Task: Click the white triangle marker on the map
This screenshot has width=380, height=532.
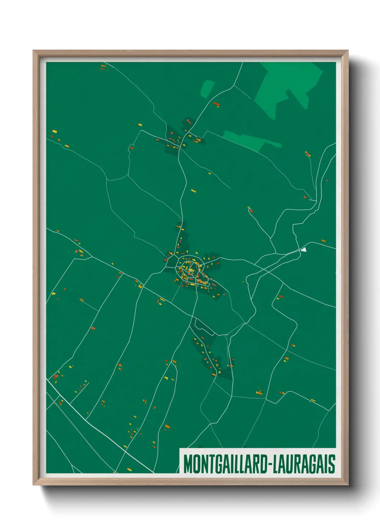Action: [304, 249]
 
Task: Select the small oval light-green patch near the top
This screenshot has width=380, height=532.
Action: [207, 88]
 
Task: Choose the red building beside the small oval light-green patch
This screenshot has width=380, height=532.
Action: [216, 104]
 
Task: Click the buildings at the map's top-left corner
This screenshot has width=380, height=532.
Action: [103, 66]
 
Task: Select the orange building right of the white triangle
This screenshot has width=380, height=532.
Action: [323, 241]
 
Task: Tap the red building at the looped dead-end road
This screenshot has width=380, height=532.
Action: [250, 210]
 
